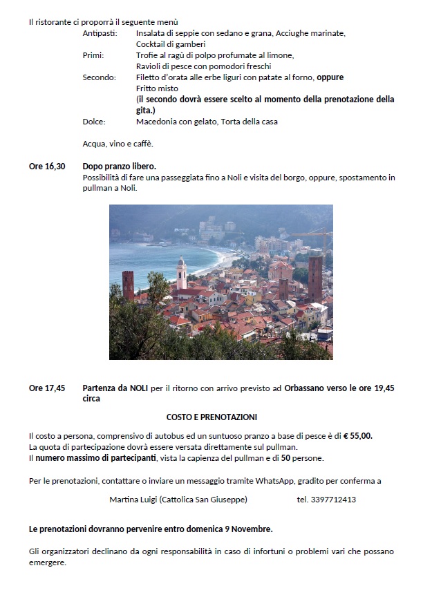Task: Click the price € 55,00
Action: [x=357, y=435]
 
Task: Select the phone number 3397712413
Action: [x=327, y=499]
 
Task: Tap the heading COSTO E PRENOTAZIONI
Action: [x=212, y=417]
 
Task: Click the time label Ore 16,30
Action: [x=47, y=167]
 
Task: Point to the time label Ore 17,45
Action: [x=47, y=388]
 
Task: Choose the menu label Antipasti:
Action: [x=100, y=33]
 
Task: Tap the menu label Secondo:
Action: [x=100, y=77]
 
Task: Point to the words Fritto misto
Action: [x=157, y=88]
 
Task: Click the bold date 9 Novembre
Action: [x=248, y=529]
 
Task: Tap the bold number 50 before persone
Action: [x=285, y=457]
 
